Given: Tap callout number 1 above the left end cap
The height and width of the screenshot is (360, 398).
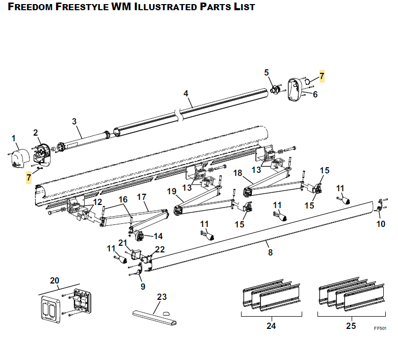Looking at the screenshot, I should click(x=14, y=138).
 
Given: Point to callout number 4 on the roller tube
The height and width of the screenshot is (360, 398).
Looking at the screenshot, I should click(x=186, y=93).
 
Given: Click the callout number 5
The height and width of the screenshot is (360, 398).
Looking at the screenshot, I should click(x=266, y=73).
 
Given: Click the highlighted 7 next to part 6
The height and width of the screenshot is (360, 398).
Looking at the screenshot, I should click(x=321, y=76).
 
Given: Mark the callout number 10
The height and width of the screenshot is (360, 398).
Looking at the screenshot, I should click(x=381, y=223).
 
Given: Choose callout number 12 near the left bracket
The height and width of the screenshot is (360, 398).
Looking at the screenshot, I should click(x=97, y=202).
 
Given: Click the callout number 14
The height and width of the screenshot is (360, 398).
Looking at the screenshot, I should click(x=158, y=237).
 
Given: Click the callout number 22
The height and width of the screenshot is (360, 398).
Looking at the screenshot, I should click(x=160, y=249).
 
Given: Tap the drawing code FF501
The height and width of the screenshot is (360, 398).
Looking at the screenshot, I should click(x=380, y=329).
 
